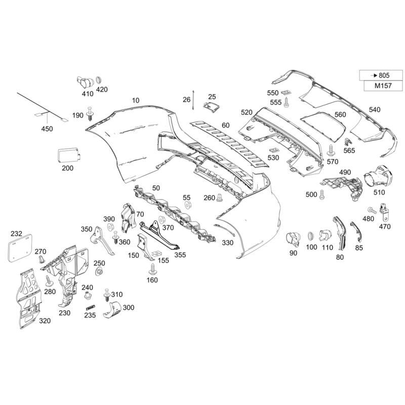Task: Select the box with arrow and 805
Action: coord(381,75)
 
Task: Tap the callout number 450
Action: coord(47,129)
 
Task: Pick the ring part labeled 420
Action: coord(100,79)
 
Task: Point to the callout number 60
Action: coord(225,125)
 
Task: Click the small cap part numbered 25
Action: coord(210,106)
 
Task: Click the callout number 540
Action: coord(374,109)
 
